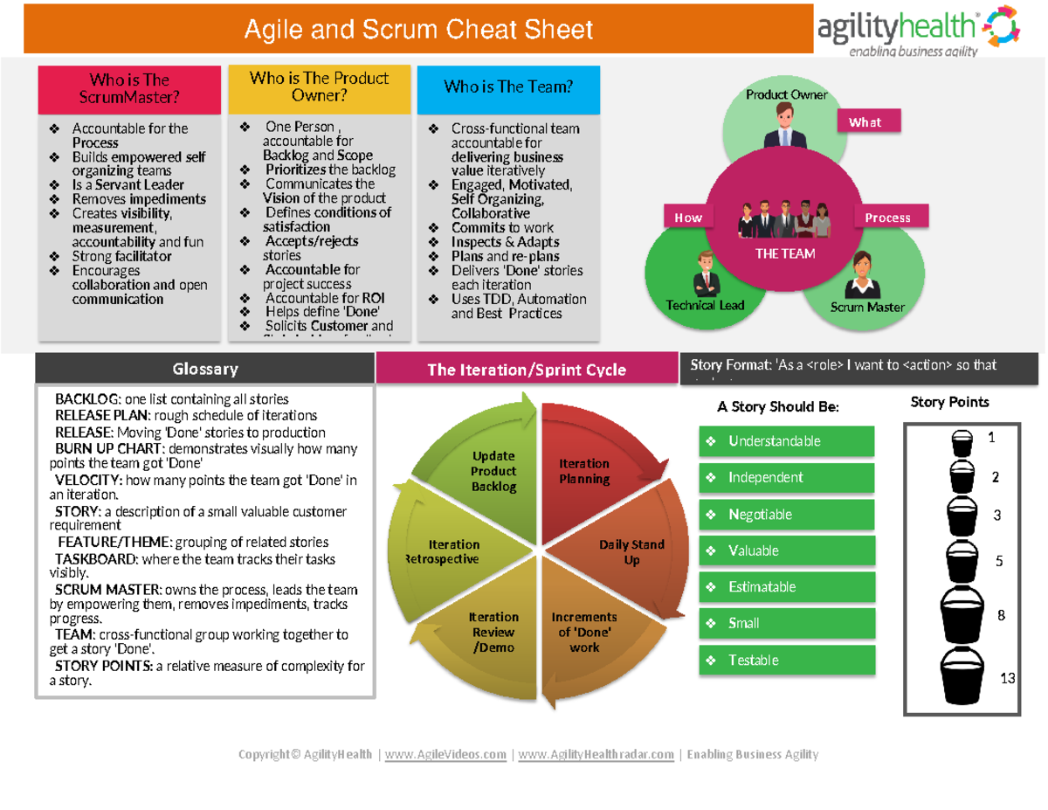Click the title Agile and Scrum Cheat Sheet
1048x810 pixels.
(x=418, y=31)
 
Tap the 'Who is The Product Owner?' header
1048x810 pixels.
(x=319, y=87)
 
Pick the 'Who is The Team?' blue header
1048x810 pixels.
(x=508, y=87)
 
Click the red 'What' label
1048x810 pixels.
(x=869, y=122)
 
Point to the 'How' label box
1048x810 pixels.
(x=688, y=218)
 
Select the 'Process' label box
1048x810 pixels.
(x=887, y=218)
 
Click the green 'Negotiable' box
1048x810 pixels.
(x=786, y=515)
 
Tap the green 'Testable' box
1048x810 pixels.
(x=786, y=661)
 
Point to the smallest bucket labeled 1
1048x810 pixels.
(x=961, y=442)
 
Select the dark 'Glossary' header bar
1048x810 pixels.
(x=204, y=369)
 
